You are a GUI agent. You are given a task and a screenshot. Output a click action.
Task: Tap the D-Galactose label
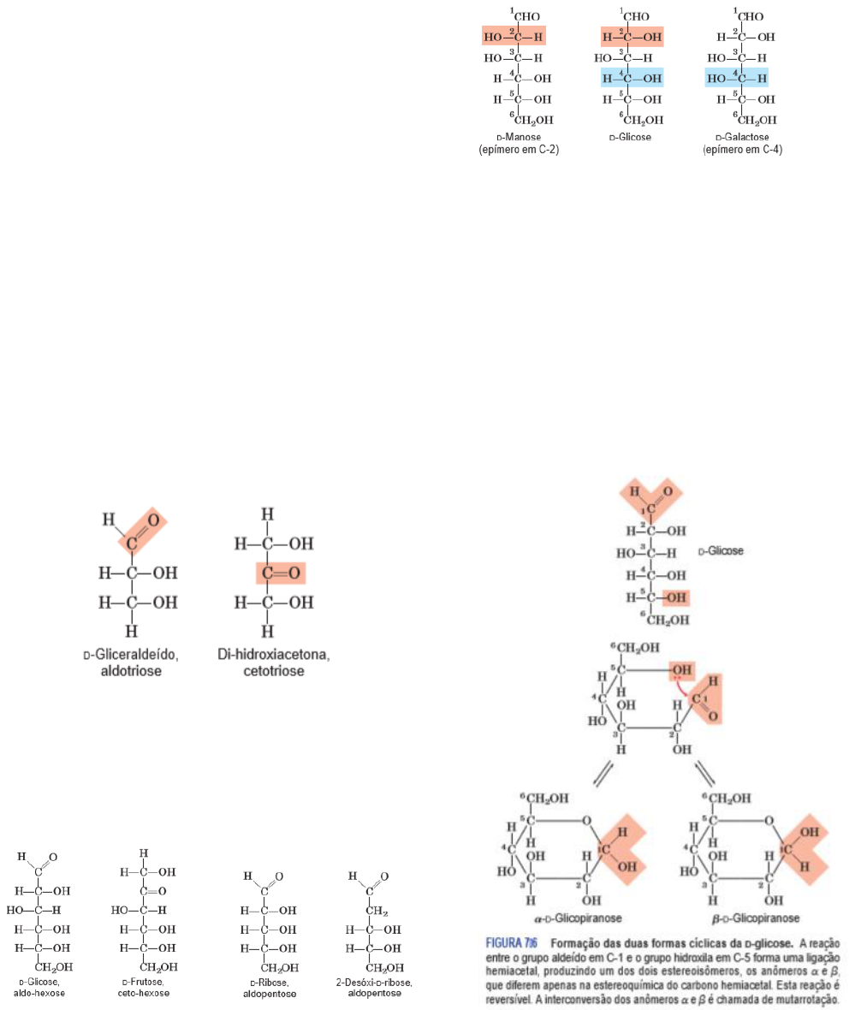(x=742, y=137)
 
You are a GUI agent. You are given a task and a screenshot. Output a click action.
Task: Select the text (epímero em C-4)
(x=742, y=150)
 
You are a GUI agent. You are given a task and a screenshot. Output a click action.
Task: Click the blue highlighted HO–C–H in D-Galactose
(x=736, y=78)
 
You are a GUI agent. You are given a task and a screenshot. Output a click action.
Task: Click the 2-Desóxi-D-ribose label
(x=374, y=983)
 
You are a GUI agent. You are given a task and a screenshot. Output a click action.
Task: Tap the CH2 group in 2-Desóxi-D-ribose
(x=377, y=911)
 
